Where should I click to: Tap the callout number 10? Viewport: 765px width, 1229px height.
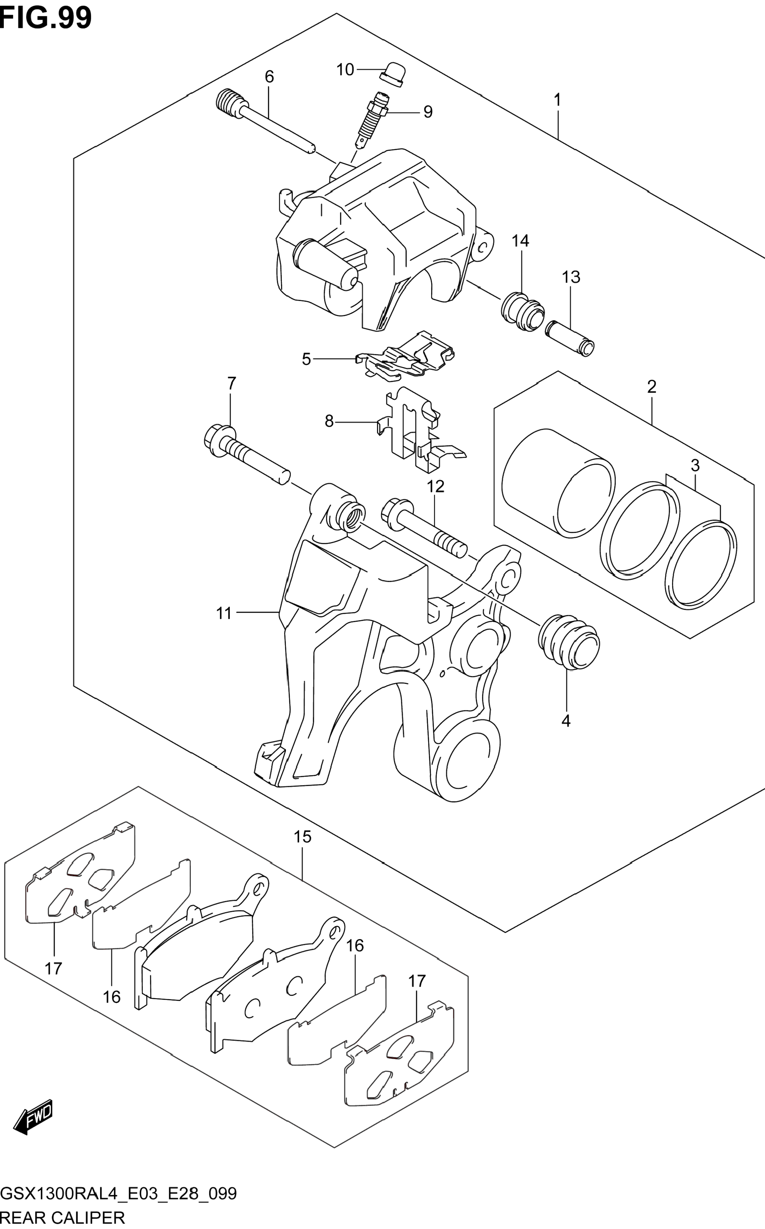click(x=345, y=70)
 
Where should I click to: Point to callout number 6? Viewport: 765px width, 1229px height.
click(x=269, y=77)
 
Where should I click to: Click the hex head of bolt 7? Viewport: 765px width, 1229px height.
click(x=219, y=440)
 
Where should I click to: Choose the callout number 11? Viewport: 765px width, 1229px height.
click(x=224, y=613)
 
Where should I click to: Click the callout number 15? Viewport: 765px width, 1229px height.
click(x=303, y=837)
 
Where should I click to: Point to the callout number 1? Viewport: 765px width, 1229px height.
click(x=557, y=100)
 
